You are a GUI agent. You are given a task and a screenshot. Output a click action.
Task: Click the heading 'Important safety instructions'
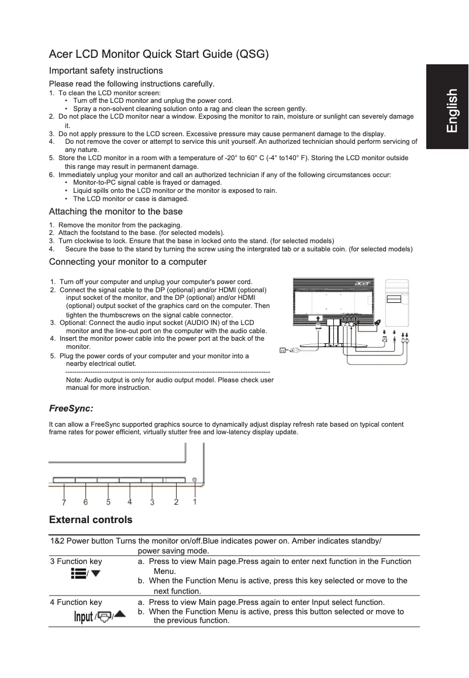(x=106, y=71)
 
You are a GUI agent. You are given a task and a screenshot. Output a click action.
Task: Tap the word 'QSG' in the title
(x=250, y=55)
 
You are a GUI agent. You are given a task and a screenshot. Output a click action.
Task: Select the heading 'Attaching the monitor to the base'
(x=116, y=212)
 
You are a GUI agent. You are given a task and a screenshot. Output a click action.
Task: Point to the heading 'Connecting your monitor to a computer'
(x=127, y=261)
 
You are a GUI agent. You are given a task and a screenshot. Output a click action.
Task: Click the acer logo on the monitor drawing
(x=362, y=285)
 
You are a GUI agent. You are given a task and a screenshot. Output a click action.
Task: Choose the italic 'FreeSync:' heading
(x=71, y=407)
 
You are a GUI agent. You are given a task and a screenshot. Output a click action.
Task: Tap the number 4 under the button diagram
(x=129, y=501)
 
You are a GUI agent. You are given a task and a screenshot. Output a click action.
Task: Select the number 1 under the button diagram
(x=195, y=501)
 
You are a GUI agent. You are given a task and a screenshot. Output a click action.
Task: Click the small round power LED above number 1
(x=194, y=480)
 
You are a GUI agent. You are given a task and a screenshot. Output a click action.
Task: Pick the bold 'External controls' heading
(x=91, y=520)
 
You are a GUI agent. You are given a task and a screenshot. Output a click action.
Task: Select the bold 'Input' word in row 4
(x=83, y=617)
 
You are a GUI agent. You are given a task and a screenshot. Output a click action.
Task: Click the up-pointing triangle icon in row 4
(x=119, y=614)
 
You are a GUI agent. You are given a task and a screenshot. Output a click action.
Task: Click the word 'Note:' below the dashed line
(x=74, y=380)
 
